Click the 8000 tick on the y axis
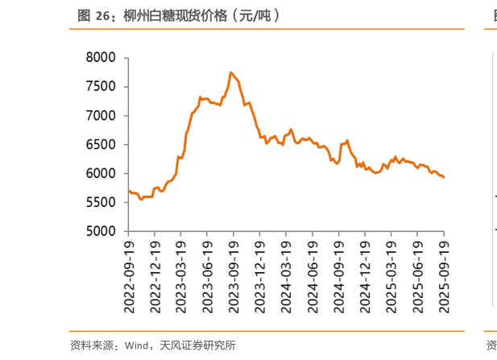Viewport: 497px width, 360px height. tap(101, 58)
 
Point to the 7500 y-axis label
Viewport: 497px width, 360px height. tap(101, 87)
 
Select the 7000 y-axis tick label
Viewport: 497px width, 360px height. tap(101, 116)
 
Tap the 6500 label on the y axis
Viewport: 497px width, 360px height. tap(101, 145)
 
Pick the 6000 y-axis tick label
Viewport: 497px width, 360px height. tap(101, 174)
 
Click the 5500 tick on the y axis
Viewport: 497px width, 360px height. tap(101, 203)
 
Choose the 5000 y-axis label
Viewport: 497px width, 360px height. tap(101, 232)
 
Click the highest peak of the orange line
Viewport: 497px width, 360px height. tap(231, 72)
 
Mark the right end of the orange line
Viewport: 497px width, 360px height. tap(444, 177)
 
